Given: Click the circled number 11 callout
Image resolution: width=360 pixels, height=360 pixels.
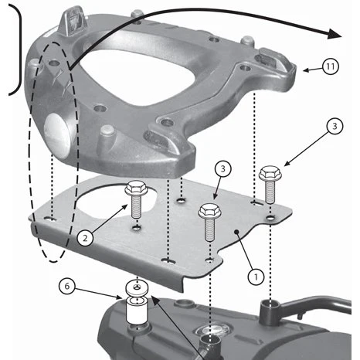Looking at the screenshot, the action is pyautogui.click(x=330, y=66).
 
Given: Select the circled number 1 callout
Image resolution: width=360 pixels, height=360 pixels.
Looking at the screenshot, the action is pyautogui.click(x=256, y=277).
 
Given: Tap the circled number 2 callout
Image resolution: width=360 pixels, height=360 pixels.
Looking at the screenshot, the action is pyautogui.click(x=85, y=238).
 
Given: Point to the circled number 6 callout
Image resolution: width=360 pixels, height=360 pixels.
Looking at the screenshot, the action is pyautogui.click(x=67, y=286).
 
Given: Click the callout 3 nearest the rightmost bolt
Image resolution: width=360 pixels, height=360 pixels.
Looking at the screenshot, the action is pyautogui.click(x=335, y=127).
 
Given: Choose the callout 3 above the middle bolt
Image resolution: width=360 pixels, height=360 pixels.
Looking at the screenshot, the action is pyautogui.click(x=223, y=169).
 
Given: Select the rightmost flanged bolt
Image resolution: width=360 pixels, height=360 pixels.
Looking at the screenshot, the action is pyautogui.click(x=270, y=185).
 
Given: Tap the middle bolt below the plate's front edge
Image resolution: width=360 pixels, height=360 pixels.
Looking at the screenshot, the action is pyautogui.click(x=209, y=222).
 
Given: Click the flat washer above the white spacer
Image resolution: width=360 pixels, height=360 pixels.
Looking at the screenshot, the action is pyautogui.click(x=137, y=287).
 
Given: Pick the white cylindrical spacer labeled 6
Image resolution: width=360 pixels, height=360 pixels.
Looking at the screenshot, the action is pyautogui.click(x=136, y=311).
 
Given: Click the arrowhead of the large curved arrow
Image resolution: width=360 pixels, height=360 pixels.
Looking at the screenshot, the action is pyautogui.click(x=335, y=34).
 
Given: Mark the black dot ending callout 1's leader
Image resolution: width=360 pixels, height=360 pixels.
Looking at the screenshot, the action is pyautogui.click(x=236, y=233).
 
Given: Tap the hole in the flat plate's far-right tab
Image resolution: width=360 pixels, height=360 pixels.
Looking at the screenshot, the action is pyautogui.click(x=270, y=218).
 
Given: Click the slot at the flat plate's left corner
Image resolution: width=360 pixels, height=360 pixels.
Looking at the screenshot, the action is pyautogui.click(x=51, y=219).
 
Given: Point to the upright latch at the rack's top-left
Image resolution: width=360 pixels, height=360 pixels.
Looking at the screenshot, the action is pyautogui.click(x=73, y=22).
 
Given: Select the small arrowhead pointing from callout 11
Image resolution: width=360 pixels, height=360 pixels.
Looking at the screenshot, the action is pyautogui.click(x=306, y=70).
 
